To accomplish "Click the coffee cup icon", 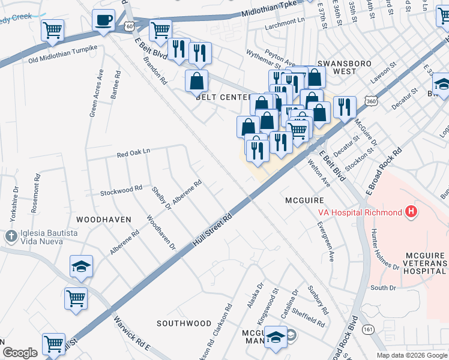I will click(x=103, y=19).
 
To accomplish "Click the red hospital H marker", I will click(x=411, y=212).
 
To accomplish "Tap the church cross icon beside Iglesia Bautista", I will click(x=10, y=236).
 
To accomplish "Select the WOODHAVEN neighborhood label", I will click(x=104, y=220).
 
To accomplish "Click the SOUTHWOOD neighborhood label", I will click(x=184, y=323).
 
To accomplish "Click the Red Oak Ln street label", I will click(x=133, y=154).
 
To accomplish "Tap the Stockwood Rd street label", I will click(x=121, y=190).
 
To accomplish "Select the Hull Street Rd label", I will click(x=212, y=229).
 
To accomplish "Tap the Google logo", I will click(x=20, y=353).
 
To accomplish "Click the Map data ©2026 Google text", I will click(x=411, y=355).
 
